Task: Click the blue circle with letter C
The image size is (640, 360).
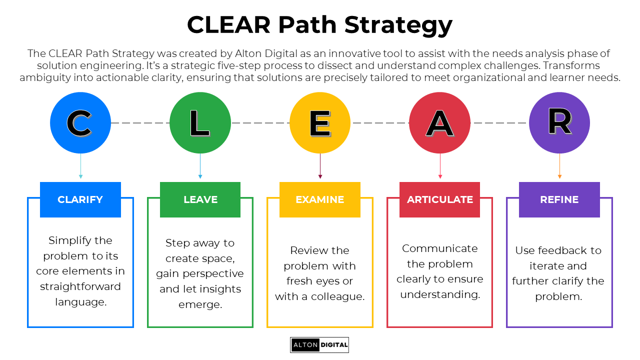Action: pos(80,123)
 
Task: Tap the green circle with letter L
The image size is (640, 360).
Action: pos(200,123)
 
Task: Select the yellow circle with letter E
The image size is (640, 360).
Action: pos(320,123)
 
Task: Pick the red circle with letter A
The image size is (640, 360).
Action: pos(440,123)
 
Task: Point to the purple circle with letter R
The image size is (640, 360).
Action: pos(559,123)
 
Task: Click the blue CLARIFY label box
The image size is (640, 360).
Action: pos(80,199)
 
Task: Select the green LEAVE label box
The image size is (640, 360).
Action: pos(200,199)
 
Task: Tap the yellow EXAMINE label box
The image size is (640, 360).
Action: pos(320,199)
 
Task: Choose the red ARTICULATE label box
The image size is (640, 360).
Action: pos(440,199)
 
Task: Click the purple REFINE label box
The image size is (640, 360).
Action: pos(559,199)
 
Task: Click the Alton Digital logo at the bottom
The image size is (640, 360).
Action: pos(319,345)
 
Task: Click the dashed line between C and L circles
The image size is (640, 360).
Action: pos(140,123)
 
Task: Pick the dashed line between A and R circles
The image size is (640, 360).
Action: pos(499,123)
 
